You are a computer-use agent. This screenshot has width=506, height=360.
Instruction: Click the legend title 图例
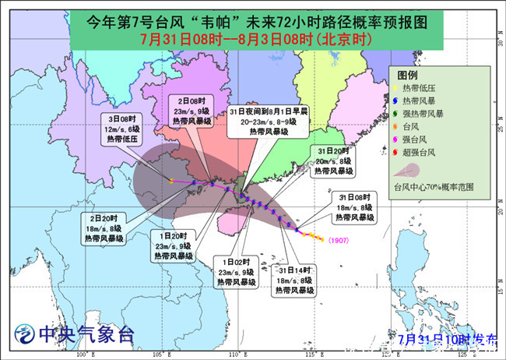point(408,74)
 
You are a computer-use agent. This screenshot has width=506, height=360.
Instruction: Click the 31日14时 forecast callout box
point(293,279)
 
